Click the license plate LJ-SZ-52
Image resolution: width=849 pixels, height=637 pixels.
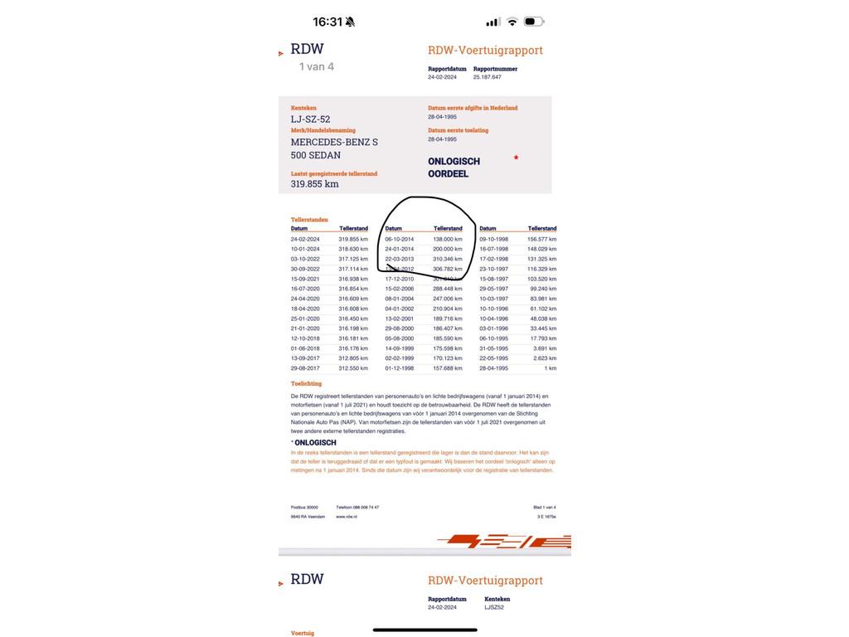tap(310, 119)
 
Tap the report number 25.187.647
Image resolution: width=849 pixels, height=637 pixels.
tap(488, 77)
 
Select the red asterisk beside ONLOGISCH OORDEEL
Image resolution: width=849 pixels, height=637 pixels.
tap(516, 158)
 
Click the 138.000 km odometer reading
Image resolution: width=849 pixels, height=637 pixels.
tap(448, 239)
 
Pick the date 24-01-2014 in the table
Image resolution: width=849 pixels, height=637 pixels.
tap(400, 249)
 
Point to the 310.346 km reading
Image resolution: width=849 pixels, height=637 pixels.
tap(448, 259)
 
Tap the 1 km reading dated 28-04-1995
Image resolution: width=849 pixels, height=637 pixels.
tap(551, 368)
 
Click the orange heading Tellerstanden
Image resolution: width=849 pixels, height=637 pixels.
tap(309, 220)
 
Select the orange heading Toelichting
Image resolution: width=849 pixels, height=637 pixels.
tap(306, 384)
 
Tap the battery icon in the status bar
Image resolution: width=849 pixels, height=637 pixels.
tap(534, 22)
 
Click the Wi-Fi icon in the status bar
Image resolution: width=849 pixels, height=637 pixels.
tap(512, 22)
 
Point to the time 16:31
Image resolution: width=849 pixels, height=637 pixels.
tap(327, 22)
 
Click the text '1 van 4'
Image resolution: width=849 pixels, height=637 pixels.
tap(317, 66)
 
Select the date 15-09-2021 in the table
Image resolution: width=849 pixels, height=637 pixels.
tap(305, 279)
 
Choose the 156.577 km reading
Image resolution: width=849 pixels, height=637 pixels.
tap(542, 239)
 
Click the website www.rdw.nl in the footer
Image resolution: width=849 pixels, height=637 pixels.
tap(347, 517)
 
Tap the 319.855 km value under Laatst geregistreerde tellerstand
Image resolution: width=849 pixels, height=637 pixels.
tap(314, 183)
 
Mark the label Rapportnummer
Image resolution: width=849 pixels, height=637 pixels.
tap(495, 69)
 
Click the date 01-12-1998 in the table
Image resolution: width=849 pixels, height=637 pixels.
tap(400, 368)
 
